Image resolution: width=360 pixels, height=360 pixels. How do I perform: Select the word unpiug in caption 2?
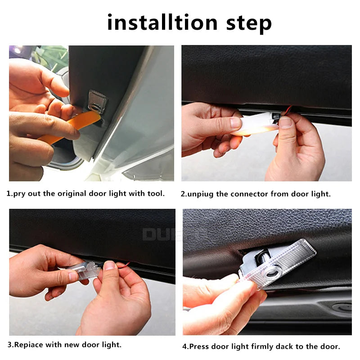pyautogui.click(x=208, y=194)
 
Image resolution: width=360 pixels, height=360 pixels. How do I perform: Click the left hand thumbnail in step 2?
pyautogui.click(x=235, y=122)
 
